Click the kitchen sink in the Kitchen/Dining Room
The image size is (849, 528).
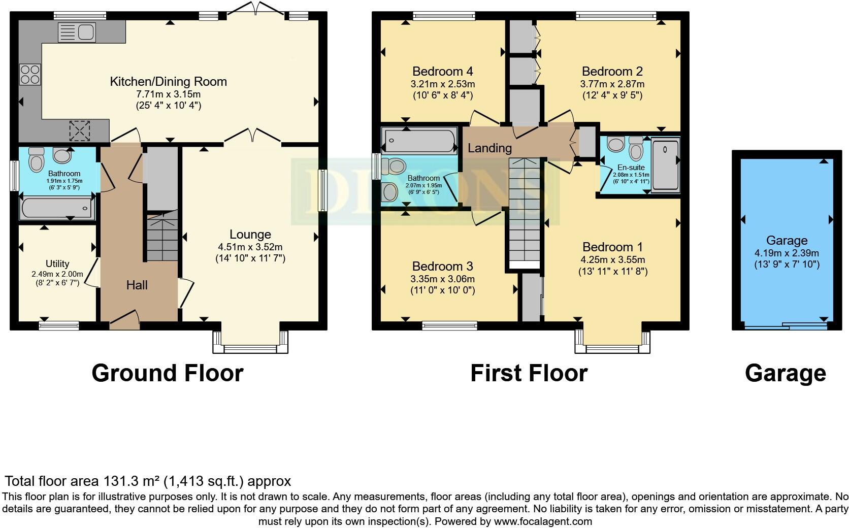tap(77, 32)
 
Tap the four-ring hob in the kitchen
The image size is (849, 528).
tap(30, 75)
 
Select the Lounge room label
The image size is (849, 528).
tap(250, 234)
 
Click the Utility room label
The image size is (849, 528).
tap(57, 263)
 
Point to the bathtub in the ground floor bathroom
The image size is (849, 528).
tap(57, 208)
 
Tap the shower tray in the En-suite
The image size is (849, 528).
tap(666, 164)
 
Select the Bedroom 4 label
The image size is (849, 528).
tap(442, 71)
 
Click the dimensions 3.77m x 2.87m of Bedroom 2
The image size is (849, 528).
tap(612, 84)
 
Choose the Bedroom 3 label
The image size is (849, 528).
tap(442, 266)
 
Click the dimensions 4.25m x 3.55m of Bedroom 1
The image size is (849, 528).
tap(612, 260)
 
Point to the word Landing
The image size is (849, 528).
tap(489, 148)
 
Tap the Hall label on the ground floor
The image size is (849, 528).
tap(137, 285)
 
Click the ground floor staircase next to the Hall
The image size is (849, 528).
tap(162, 236)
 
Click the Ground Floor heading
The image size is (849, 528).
tap(168, 373)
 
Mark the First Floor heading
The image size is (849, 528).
tap(529, 373)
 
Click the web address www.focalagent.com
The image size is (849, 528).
tap(543, 522)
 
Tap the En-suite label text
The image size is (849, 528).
tap(631, 167)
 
